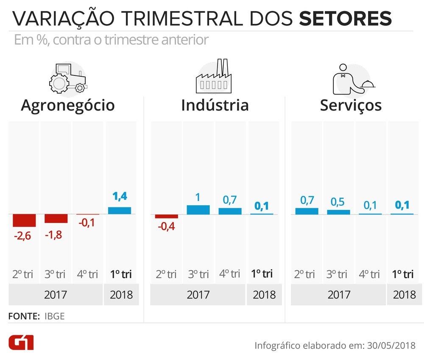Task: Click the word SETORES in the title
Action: tap(345, 19)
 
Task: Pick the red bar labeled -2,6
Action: tap(24, 220)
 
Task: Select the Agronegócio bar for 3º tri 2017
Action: tap(56, 218)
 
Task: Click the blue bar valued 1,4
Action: tap(120, 210)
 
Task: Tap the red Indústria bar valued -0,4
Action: tap(167, 216)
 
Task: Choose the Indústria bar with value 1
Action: tap(198, 209)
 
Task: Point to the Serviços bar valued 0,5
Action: tap(338, 212)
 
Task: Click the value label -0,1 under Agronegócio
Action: tap(88, 223)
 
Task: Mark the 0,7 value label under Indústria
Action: tap(230, 200)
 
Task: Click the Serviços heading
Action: tap(351, 105)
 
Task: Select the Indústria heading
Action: tap(215, 105)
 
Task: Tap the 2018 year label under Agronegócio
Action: tap(121, 294)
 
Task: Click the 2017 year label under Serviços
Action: tap(339, 294)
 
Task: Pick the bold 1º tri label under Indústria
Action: tap(262, 274)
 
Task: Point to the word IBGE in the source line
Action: tap(54, 316)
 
